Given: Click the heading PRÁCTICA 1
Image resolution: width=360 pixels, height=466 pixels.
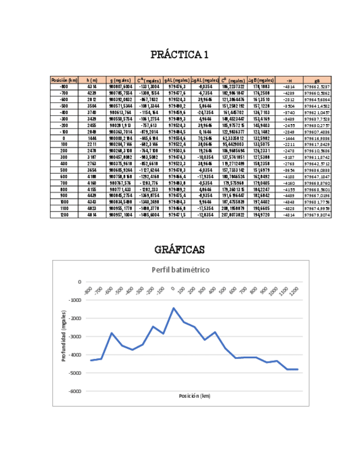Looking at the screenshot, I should point(180,56).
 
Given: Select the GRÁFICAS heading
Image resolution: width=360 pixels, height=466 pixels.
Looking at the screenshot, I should point(179,249).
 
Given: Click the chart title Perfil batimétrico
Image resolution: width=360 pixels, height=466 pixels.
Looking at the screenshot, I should point(180,270).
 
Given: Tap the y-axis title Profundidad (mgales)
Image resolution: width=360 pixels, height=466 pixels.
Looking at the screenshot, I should point(64,337).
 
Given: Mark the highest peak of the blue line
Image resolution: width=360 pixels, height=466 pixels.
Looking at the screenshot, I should point(174,308).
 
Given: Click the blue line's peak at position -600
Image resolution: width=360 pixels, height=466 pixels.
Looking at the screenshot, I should point(112,333).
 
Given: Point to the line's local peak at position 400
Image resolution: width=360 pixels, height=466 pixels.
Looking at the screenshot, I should point(215,332).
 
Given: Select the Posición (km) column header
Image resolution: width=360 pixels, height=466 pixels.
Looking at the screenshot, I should point(64,80).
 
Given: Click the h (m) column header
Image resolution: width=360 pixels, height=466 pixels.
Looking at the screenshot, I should point(92,80).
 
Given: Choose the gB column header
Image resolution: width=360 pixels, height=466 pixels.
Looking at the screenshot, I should point(317,80).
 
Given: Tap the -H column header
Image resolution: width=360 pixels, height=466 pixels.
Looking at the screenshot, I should point(289,80).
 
